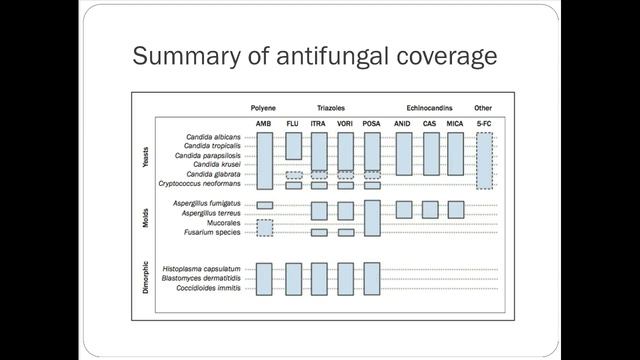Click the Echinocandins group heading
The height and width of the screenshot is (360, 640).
tap(430, 107)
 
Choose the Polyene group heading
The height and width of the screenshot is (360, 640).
tap(264, 107)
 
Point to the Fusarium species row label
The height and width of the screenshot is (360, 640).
tap(213, 233)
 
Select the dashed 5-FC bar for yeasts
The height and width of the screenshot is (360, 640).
tap(484, 160)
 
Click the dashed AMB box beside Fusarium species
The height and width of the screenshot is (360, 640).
tap(264, 228)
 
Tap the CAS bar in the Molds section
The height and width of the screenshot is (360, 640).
tap(430, 209)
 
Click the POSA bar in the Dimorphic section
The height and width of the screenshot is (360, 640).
tap(372, 278)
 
